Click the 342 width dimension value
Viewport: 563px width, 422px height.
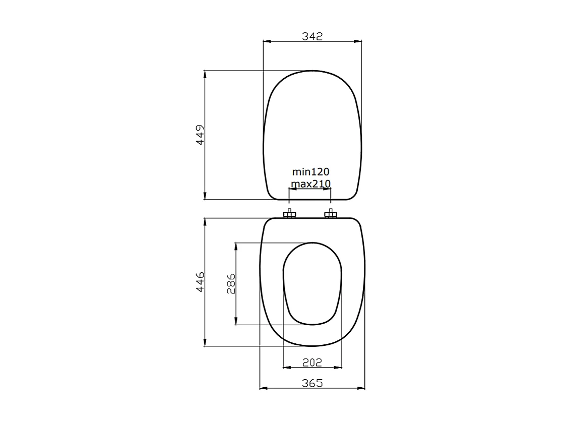click(x=312, y=36)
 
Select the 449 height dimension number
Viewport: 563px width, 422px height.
click(x=200, y=135)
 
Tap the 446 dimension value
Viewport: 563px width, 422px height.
click(x=200, y=282)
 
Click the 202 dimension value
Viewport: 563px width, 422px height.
click(x=312, y=362)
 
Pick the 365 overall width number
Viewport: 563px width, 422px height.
click(x=312, y=383)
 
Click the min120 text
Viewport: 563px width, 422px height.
click(x=310, y=172)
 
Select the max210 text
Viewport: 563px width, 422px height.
click(x=310, y=184)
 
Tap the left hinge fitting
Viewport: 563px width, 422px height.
click(x=289, y=214)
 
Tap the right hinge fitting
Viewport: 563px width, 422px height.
click(x=330, y=214)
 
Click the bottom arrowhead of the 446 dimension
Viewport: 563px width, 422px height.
click(x=205, y=342)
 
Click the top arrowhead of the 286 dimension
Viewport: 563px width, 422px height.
click(x=236, y=247)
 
